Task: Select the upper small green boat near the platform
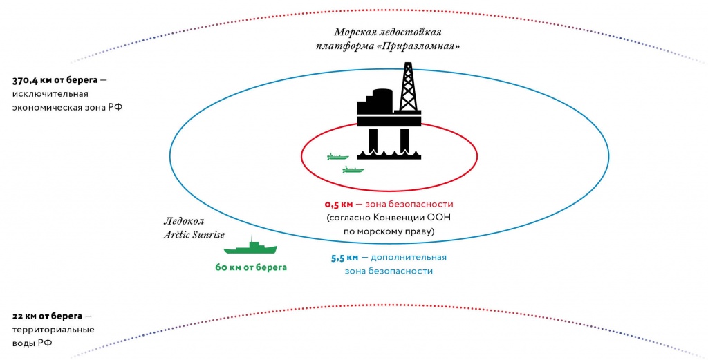point(337,157)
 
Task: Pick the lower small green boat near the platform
point(353,169)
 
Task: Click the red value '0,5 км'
point(338,205)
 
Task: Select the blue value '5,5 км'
point(344,257)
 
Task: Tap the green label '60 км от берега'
point(250,267)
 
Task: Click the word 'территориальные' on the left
point(53,330)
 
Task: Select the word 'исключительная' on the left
point(48,94)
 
